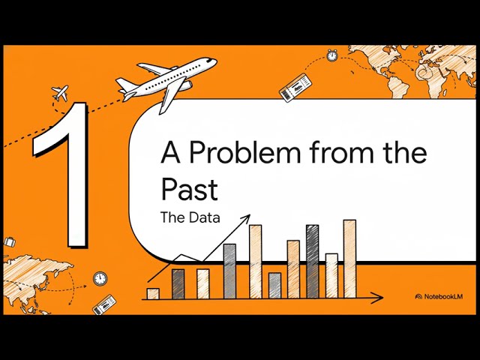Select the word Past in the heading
coord(189,189)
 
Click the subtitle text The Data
coord(190,218)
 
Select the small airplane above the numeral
coord(60,94)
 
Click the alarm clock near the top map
coord(331,55)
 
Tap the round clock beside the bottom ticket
coord(100,279)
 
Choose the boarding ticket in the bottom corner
coord(104,305)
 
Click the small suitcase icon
coord(10,242)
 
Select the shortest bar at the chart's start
coord(153,293)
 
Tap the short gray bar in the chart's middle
coord(274,286)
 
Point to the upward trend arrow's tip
coord(247,217)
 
